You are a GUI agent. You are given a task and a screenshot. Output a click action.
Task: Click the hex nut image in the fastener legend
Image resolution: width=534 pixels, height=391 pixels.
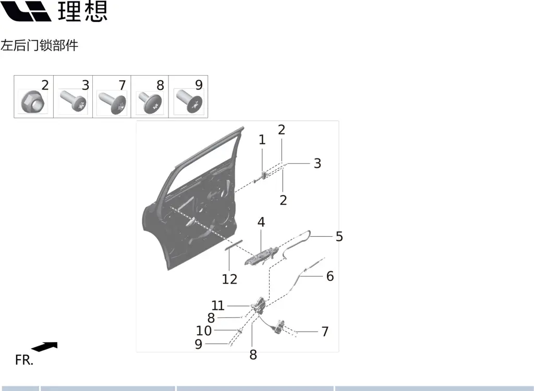[32, 101]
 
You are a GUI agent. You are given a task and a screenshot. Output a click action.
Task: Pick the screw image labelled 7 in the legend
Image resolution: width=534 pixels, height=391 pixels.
[113, 102]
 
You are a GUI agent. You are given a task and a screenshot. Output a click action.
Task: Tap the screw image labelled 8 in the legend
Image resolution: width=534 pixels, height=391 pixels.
[150, 103]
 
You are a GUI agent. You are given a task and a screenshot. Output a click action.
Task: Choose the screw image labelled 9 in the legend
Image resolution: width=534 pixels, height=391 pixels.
[189, 101]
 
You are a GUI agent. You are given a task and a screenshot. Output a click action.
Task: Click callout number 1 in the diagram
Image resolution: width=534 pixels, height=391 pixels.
[262, 140]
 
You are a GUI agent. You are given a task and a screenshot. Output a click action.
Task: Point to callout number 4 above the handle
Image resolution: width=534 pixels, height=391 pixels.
[261, 222]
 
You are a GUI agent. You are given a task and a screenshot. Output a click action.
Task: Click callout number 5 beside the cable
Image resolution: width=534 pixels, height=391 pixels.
[339, 236]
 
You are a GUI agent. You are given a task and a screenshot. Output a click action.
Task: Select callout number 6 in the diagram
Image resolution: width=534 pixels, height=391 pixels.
[330, 276]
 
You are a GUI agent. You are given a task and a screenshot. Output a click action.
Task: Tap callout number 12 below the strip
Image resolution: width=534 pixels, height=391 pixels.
[229, 279]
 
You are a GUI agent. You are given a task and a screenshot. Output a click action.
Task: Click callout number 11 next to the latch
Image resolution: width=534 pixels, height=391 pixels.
[218, 306]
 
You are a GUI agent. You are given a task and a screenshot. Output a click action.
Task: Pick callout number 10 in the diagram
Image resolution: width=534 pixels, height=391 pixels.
[204, 331]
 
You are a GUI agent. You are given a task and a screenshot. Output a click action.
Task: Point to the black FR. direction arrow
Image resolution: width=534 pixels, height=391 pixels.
[45, 347]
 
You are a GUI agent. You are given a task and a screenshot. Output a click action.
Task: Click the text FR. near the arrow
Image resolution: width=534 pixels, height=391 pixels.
[24, 360]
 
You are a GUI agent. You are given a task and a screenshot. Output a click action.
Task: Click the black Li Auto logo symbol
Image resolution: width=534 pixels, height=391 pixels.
[26, 11]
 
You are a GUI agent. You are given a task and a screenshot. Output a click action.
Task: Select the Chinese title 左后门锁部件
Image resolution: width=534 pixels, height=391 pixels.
[40, 45]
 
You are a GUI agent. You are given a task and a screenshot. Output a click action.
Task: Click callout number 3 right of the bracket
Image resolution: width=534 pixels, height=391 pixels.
[318, 164]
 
